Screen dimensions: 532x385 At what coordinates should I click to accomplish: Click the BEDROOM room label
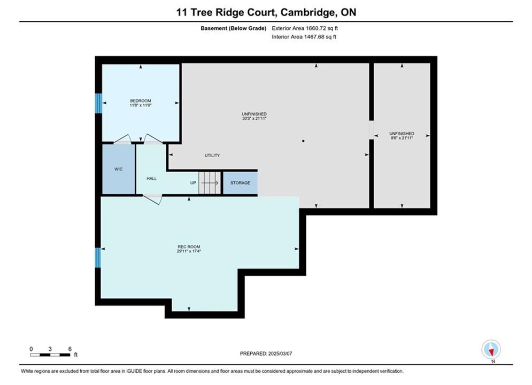[141, 101]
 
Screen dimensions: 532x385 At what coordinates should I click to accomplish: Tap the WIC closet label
[118, 169]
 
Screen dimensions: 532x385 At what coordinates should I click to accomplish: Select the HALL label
[152, 179]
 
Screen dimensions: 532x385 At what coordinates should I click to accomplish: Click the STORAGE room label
[240, 183]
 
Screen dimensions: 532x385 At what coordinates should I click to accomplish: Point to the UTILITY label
[212, 156]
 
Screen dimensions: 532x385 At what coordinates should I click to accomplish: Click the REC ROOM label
[189, 247]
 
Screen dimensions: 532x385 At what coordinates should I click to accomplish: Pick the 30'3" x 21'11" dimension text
[254, 118]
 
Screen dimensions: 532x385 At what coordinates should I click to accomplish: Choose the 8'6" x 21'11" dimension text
[402, 138]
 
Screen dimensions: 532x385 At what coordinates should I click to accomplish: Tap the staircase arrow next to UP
[210, 183]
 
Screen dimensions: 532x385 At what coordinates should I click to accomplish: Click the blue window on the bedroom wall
[98, 103]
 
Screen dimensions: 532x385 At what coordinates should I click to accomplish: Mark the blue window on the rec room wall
[98, 257]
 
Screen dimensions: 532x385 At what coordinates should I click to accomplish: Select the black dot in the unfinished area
[303, 141]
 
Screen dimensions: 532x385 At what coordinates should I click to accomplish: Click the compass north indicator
[491, 349]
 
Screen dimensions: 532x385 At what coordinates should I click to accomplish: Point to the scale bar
[50, 355]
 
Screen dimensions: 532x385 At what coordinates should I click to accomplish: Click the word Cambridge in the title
[307, 12]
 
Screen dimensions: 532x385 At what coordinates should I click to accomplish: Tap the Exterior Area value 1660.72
[315, 28]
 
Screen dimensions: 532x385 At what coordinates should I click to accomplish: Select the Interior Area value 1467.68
[314, 37]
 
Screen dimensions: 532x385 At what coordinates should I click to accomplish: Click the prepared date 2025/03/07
[280, 353]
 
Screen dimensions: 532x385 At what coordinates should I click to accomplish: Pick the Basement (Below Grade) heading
[234, 28]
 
